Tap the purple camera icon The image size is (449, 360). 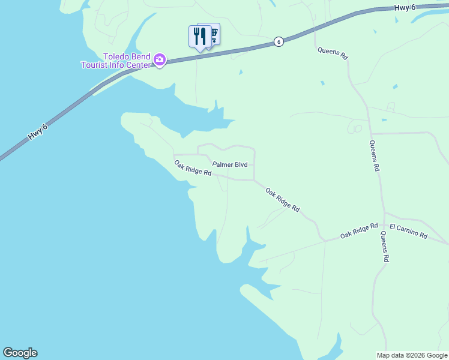(160, 59)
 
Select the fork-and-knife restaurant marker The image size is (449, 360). (200, 35)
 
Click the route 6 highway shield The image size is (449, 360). (278, 41)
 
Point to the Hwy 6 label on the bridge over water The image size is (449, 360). (37, 133)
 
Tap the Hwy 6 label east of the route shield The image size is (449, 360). (405, 7)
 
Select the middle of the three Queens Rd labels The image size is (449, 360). (374, 156)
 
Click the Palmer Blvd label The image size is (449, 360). (230, 164)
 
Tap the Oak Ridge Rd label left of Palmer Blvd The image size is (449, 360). (193, 168)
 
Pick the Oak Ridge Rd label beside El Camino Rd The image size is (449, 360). (359, 230)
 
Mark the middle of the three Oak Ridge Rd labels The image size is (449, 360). (283, 199)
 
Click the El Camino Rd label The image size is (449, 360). (408, 232)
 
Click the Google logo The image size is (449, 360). (20, 353)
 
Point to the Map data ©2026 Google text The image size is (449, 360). (412, 355)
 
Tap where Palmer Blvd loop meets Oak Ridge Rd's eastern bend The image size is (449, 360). (255, 179)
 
